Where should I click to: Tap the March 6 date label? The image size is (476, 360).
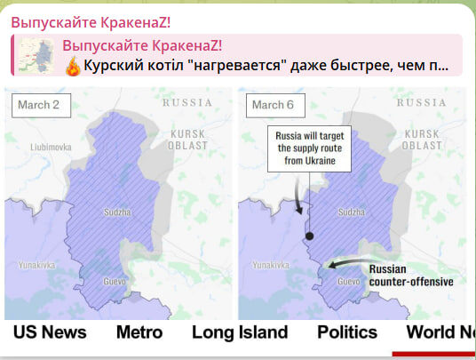274,105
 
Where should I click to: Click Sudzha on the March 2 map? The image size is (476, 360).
117,213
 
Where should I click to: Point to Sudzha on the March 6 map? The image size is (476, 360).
351,213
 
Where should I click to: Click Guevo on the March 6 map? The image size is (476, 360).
349,282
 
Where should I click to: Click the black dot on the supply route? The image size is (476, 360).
309,236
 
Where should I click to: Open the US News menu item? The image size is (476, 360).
51,332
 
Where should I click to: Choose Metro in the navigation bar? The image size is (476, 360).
139,332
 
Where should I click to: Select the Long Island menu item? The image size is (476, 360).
240,332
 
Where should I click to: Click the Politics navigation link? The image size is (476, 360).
347,332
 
